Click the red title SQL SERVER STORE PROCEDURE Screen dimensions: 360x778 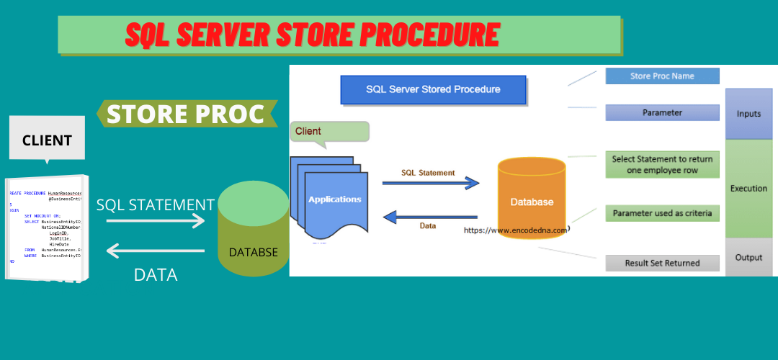click(x=311, y=35)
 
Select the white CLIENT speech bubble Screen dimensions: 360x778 click(x=46, y=139)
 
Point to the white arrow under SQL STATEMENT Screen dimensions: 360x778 click(x=156, y=221)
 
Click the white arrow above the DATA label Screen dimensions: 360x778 click(x=156, y=251)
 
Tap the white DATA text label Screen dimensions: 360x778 click(x=156, y=274)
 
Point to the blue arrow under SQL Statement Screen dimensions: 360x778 click(x=430, y=184)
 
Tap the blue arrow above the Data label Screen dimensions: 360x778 click(x=430, y=216)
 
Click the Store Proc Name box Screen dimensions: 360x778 click(x=662, y=76)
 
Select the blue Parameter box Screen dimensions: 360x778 click(x=662, y=112)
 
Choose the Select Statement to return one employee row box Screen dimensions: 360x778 click(x=662, y=164)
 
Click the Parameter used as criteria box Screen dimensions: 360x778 click(x=662, y=213)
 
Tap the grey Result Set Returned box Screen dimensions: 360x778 click(x=662, y=263)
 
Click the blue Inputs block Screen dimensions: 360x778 click(x=748, y=114)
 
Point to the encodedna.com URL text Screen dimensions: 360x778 click(x=516, y=230)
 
